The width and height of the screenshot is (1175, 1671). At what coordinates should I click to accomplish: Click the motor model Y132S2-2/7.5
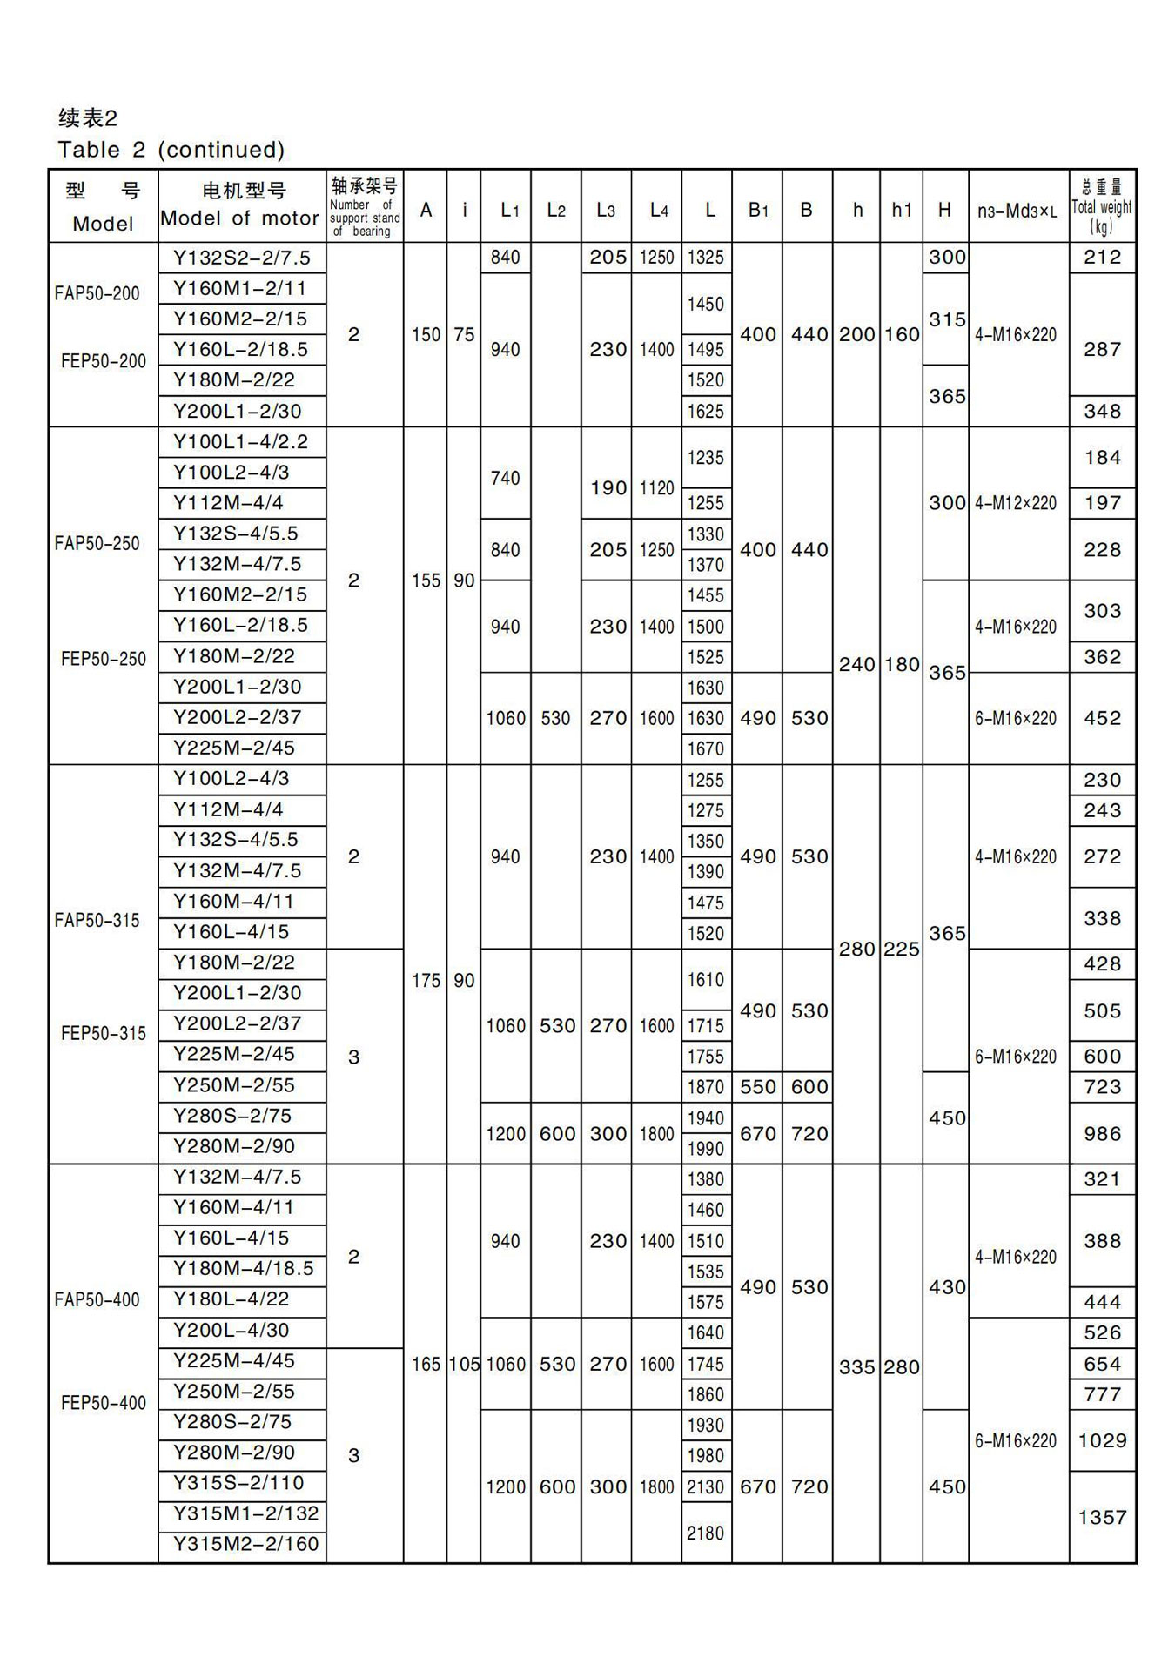[x=241, y=258]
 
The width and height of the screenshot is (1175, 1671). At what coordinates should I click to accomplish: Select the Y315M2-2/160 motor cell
[x=245, y=1544]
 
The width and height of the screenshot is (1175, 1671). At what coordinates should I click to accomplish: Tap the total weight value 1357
[x=1102, y=1517]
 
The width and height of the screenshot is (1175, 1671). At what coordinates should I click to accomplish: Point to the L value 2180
[x=705, y=1533]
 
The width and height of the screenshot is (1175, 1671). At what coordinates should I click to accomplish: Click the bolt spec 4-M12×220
[x=1016, y=503]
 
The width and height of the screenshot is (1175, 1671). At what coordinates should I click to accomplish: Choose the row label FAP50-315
[x=97, y=920]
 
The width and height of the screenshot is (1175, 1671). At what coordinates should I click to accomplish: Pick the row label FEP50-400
[x=104, y=1402]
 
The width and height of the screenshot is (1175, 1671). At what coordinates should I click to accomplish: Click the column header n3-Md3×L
[x=1017, y=211]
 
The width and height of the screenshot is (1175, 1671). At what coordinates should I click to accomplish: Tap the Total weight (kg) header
[x=1102, y=207]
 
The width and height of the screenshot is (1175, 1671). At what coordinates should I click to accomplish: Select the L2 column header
[x=556, y=210]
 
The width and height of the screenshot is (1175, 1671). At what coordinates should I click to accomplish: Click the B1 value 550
[x=757, y=1086]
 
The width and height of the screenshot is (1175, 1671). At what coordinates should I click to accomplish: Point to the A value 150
[x=426, y=335]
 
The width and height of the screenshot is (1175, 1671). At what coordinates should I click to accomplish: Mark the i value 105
[x=464, y=1364]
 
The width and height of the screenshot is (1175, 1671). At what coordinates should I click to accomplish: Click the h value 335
[x=856, y=1366]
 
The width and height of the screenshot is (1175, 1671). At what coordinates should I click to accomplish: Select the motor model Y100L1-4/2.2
[x=240, y=442]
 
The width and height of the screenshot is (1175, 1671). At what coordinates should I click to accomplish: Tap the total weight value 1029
[x=1102, y=1440]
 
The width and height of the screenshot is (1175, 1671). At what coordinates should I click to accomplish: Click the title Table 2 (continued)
[x=171, y=150]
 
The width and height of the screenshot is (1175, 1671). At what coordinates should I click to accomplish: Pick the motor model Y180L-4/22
[x=231, y=1299]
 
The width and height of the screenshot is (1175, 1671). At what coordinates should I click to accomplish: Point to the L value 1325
[x=705, y=258]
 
